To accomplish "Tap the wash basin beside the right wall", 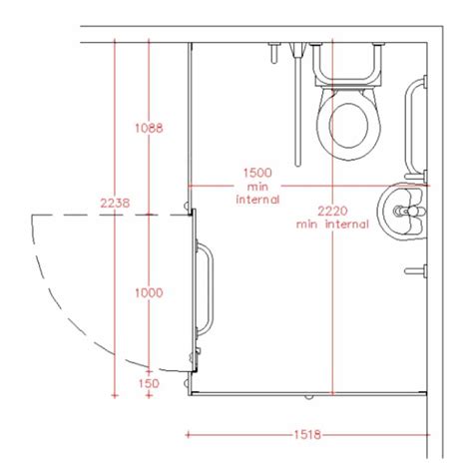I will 403,212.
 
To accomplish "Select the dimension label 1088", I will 149,128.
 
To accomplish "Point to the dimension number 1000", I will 149,292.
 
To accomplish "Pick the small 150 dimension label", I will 150,382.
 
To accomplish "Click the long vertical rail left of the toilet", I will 295,105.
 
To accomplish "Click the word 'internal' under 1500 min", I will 256,200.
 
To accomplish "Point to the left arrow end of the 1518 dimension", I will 188,434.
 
